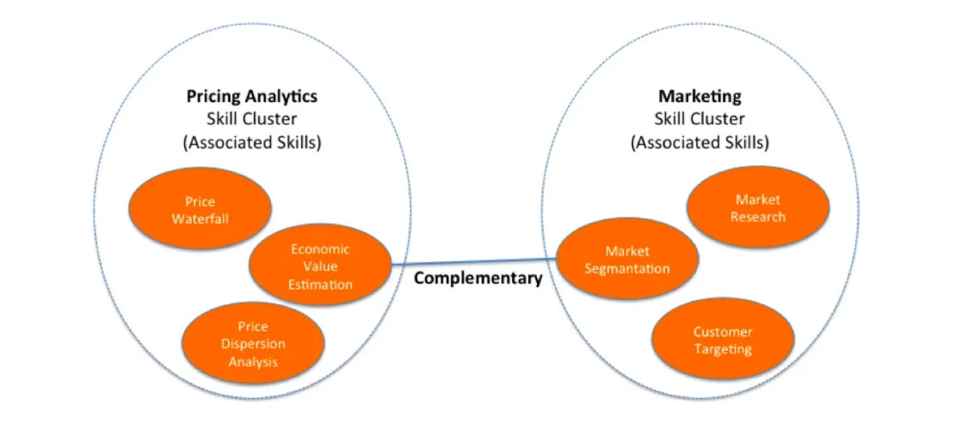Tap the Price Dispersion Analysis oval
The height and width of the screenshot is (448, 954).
point(253,343)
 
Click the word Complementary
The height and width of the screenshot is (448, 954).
point(478,278)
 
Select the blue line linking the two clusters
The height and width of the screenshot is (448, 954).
point(473,261)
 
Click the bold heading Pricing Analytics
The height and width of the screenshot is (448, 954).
point(252,97)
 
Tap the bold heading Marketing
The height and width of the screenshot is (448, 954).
point(699,97)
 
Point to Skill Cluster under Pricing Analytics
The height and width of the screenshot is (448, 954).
point(252,119)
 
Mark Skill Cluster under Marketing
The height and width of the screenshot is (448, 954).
point(699,119)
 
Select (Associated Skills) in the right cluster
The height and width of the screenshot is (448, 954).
point(700,142)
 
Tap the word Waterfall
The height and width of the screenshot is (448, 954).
point(200,219)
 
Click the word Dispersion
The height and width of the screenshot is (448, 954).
point(253,344)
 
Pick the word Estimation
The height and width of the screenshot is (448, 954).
point(320,284)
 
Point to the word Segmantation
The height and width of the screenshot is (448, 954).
point(627,269)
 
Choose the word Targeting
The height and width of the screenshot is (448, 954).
point(723,349)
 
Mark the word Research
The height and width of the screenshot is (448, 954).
point(758,217)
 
